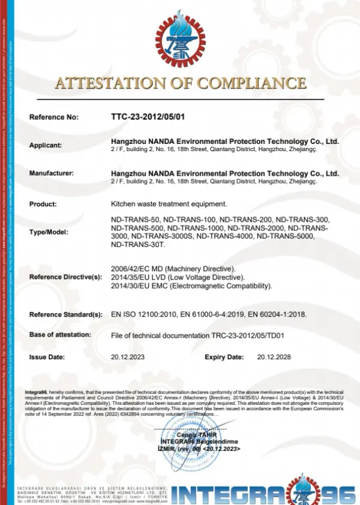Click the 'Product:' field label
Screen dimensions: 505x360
pyautogui.click(x=43, y=204)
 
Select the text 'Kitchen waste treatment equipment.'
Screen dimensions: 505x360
pyautogui.click(x=169, y=204)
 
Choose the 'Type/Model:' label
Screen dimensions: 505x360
pyautogui.click(x=49, y=232)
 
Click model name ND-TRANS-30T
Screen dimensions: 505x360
pyautogui.click(x=133, y=244)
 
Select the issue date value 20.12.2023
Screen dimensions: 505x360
pyautogui.click(x=128, y=357)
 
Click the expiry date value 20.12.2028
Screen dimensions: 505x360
pyautogui.click(x=274, y=357)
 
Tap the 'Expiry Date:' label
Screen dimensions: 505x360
pyautogui.click(x=224, y=357)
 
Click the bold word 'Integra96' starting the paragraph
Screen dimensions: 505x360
pyautogui.click(x=37, y=392)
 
